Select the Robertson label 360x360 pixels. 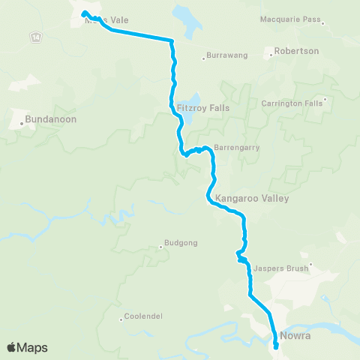pos(297,51)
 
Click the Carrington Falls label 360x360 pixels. pos(292,103)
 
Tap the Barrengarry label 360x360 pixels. pos(236,147)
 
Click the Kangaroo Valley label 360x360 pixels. pos(251,199)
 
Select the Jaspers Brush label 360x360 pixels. pos(280,267)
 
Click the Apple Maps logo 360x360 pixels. pos(27,347)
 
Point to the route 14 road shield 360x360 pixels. pos(35,36)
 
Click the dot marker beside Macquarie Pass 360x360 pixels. pos(322,23)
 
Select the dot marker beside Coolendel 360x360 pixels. pos(121,319)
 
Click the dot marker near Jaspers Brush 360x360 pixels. pos(309,264)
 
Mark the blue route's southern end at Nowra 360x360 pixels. pos(276,346)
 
